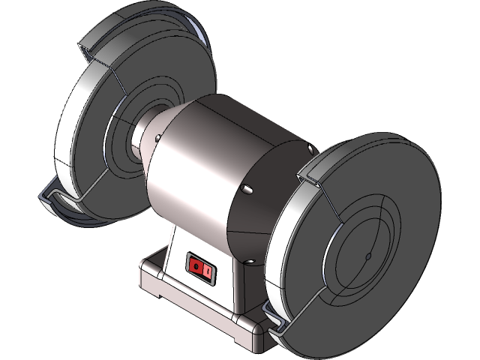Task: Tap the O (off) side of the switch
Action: (x=195, y=265)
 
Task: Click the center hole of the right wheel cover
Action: (x=368, y=257)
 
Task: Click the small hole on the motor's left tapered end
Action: (x=157, y=138)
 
